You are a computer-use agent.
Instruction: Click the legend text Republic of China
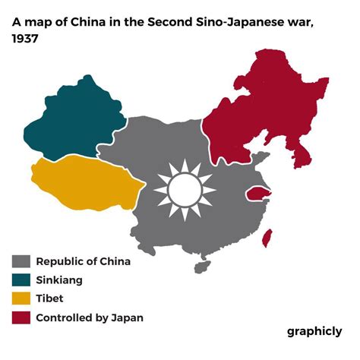(x=84, y=261)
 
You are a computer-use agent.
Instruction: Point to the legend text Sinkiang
(x=59, y=280)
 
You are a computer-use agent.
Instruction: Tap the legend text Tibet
(x=49, y=299)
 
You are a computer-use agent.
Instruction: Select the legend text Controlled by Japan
(x=90, y=318)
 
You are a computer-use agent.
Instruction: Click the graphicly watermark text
(x=314, y=332)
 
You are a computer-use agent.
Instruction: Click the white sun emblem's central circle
(x=182, y=188)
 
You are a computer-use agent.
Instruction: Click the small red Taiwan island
(x=267, y=238)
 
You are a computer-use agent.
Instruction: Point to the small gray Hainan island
(x=201, y=267)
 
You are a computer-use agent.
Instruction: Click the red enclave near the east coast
(x=258, y=195)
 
